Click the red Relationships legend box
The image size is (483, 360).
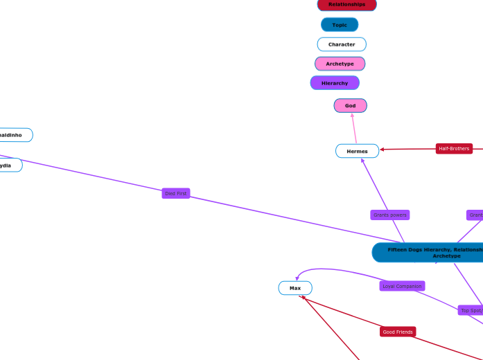point(346,5)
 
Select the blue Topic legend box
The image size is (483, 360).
point(340,25)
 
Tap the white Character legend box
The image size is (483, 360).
point(342,44)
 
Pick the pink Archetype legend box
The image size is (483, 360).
point(340,64)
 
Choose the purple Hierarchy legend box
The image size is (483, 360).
point(335,83)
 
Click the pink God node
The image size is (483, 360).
point(350,105)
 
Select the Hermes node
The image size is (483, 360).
point(357,151)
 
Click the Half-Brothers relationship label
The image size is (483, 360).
point(454,148)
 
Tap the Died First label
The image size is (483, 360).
point(175,193)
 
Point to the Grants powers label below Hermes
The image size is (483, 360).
point(389,215)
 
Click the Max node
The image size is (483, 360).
point(295,287)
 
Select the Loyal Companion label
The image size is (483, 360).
point(402,286)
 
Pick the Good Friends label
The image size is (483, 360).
point(398,332)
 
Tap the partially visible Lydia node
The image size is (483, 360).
point(8,165)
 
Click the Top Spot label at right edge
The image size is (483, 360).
point(471,310)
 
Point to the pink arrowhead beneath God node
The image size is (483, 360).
point(352,115)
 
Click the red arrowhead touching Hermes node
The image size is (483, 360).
point(382,149)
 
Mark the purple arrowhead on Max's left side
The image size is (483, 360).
point(297,278)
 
